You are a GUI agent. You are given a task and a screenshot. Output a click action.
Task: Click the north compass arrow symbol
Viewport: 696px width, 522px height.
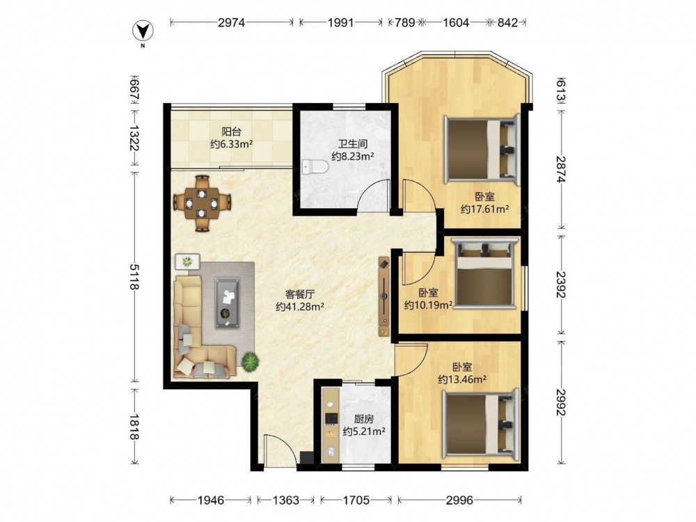coord(143,31)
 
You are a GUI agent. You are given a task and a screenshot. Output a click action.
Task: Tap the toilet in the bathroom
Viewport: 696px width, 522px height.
coord(315,167)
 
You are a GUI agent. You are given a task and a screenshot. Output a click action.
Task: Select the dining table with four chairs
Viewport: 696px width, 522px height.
coord(202,203)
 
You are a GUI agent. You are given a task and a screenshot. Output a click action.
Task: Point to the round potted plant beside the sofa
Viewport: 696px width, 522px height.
coord(251,361)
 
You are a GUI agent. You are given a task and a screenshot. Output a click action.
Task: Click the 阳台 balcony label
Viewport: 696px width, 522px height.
coord(232,132)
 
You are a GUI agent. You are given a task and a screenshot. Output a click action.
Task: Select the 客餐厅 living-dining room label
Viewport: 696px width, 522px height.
coord(299,294)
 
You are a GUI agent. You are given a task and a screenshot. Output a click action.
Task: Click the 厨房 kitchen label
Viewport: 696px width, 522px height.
coord(363,419)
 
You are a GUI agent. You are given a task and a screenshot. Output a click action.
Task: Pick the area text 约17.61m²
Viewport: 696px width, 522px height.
coord(484,209)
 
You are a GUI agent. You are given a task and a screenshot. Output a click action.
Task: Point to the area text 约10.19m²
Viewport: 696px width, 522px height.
coord(428,305)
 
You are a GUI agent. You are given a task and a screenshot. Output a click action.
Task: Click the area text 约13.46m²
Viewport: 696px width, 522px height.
coord(462,379)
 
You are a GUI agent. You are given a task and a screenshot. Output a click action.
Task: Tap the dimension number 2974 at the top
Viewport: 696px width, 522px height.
coord(231,22)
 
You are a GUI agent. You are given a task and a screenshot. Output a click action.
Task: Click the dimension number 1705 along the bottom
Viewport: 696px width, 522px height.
coord(356,500)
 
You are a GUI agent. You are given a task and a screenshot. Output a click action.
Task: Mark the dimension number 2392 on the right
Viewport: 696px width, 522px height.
coord(560,285)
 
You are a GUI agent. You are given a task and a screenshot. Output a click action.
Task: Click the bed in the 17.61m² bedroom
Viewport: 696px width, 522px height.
coord(482,149)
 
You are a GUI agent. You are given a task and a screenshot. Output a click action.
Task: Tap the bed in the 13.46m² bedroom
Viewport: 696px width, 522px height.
coord(480,425)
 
